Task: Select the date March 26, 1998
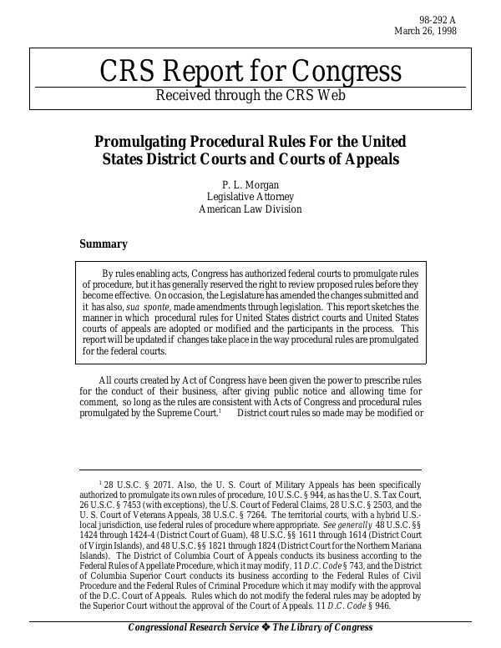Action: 425,32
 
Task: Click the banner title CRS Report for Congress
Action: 250,72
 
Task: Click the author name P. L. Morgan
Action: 250,184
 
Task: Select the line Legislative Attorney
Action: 250,197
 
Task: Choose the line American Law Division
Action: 250,209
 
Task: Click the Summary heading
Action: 103,244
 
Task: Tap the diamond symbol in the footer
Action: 267,627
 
